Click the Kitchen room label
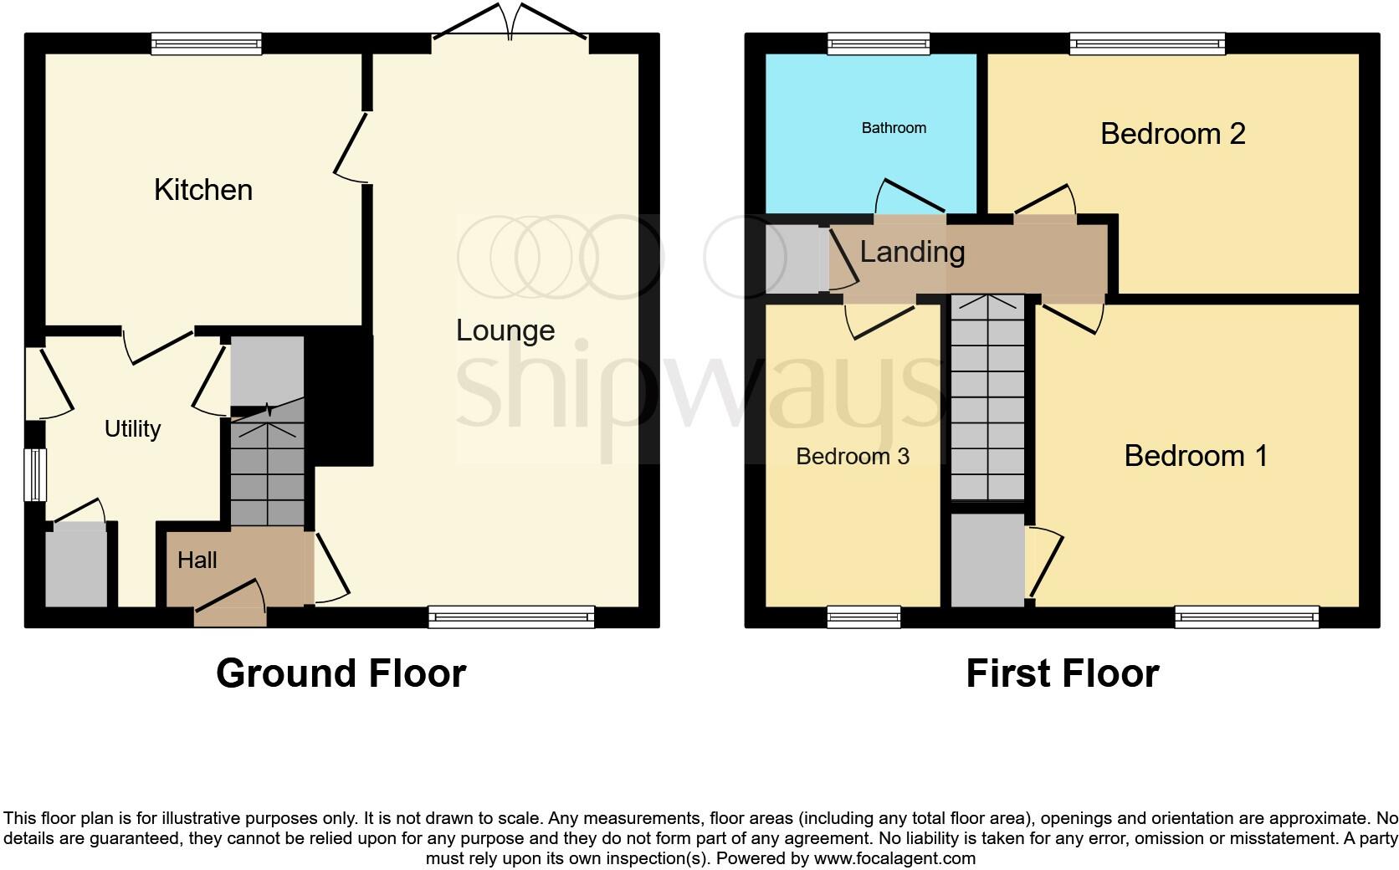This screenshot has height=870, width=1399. (x=203, y=190)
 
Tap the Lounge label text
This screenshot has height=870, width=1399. (x=505, y=330)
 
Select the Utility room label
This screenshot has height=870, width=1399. (x=132, y=428)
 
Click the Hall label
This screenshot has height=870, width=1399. (x=197, y=560)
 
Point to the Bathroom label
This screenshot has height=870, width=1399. (x=894, y=128)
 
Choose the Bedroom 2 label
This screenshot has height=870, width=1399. (x=1172, y=134)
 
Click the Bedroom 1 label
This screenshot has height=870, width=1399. (x=1195, y=456)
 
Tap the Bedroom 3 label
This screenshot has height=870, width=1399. (x=853, y=456)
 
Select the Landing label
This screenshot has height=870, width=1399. (x=912, y=252)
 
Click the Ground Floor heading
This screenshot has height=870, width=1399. (x=341, y=673)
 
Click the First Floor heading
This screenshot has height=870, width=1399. (x=1062, y=673)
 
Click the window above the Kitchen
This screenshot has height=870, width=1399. (x=207, y=43)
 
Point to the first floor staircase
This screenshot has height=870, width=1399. (x=987, y=397)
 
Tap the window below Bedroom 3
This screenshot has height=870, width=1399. (x=864, y=617)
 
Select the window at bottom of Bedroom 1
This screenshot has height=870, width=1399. (x=1247, y=617)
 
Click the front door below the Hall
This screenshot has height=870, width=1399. (x=230, y=615)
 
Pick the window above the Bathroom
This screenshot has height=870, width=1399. (x=879, y=43)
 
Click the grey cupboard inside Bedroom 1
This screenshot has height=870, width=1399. (x=987, y=559)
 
